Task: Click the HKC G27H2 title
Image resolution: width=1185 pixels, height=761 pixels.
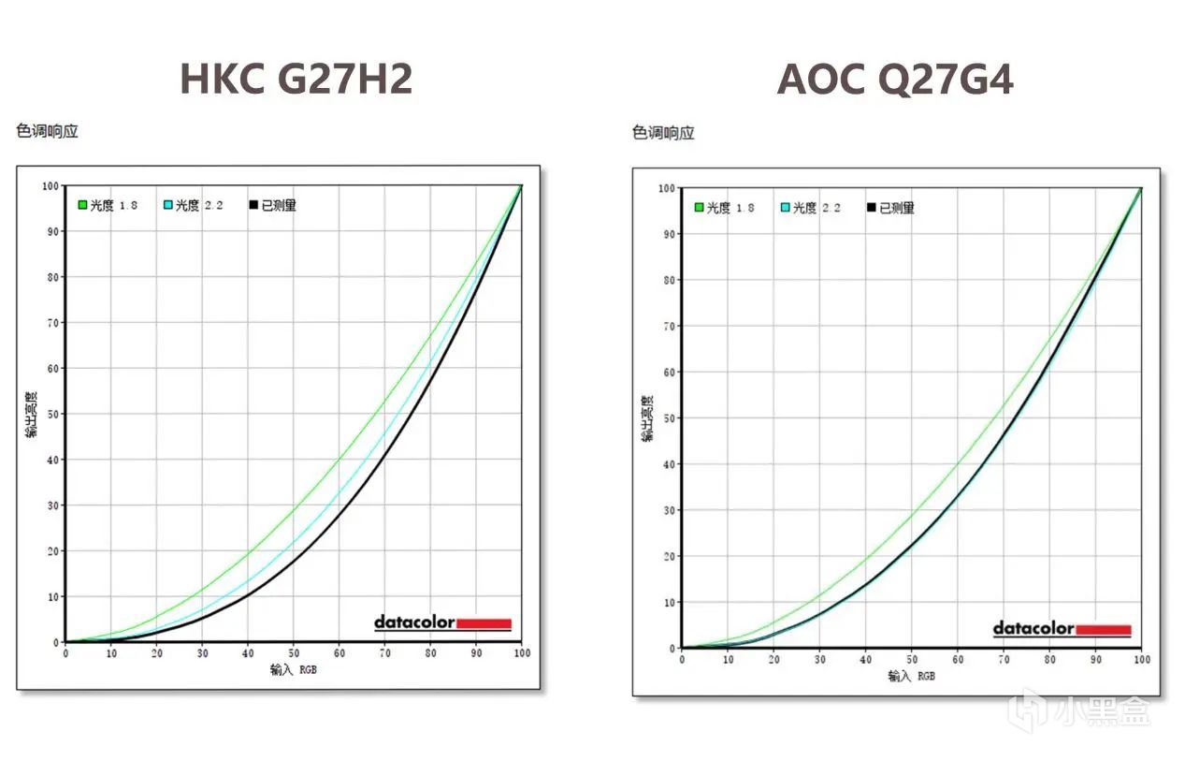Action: (296, 79)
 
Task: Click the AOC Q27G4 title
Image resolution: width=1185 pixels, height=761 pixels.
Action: (895, 80)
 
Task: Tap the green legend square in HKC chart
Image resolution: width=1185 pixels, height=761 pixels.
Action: (82, 205)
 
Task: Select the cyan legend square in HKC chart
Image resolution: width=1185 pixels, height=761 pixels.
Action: (168, 205)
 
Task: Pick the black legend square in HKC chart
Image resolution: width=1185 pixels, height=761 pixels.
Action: (253, 205)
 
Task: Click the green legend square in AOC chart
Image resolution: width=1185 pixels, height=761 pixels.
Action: (699, 208)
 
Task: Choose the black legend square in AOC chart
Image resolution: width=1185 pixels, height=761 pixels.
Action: (872, 208)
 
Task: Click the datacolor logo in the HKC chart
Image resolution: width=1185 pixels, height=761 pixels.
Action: (442, 622)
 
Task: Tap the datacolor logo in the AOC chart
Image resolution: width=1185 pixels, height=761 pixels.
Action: (1062, 629)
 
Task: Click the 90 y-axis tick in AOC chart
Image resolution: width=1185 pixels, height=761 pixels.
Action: (668, 234)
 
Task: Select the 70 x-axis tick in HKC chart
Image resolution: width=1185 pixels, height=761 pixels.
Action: (384, 652)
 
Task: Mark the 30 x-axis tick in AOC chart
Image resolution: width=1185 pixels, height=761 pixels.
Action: (819, 660)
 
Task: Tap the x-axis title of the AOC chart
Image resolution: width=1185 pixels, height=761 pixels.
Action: (911, 675)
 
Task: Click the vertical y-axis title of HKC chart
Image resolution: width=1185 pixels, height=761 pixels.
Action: (31, 414)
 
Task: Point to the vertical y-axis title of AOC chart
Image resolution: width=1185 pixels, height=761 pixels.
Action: (647, 418)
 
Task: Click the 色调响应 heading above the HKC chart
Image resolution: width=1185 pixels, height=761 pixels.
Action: (47, 131)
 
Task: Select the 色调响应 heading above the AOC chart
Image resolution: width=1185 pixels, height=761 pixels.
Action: (663, 133)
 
